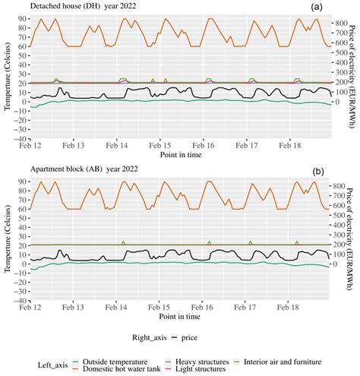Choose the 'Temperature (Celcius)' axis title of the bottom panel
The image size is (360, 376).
tap(7, 239)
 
